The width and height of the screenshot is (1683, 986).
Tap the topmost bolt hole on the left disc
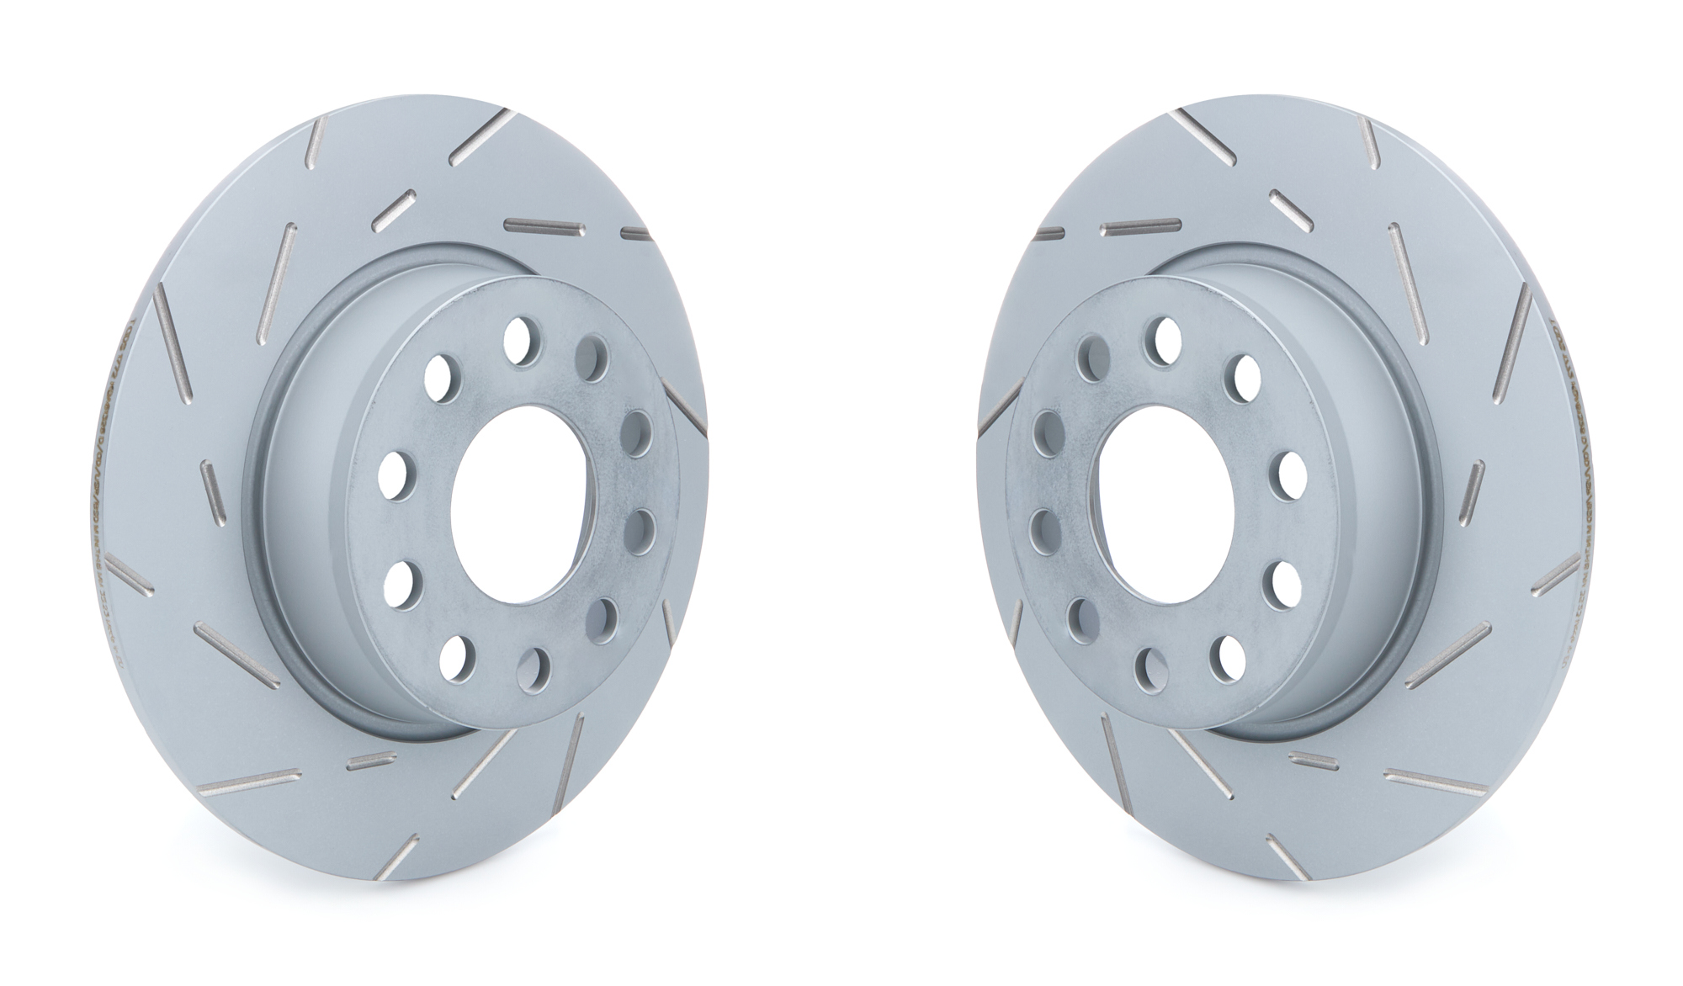[522, 342]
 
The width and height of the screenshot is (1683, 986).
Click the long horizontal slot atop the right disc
[1142, 225]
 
